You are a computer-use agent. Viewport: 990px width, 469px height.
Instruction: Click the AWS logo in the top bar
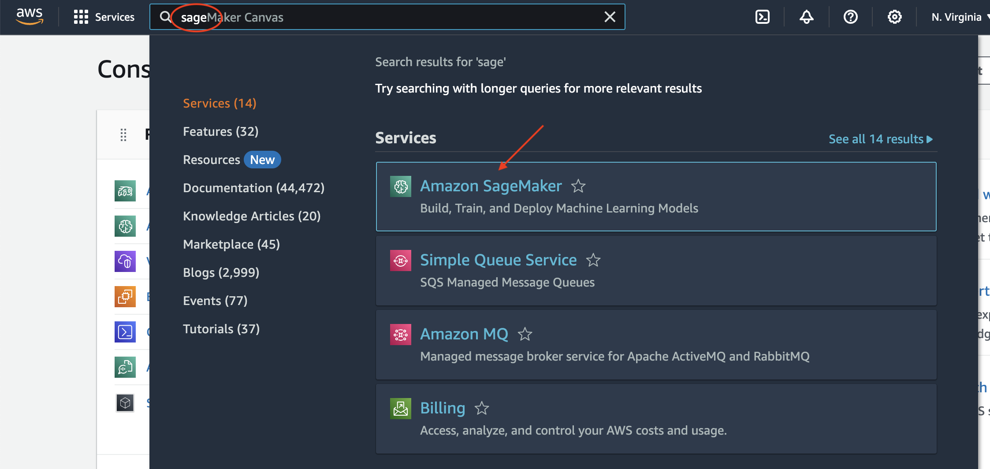pos(30,16)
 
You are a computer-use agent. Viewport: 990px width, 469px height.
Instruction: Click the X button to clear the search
pos(610,17)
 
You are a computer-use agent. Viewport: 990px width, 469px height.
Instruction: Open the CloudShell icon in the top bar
pos(762,17)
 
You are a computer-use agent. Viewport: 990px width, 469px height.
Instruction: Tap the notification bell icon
pos(806,17)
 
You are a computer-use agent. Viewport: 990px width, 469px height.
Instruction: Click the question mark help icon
pos(850,17)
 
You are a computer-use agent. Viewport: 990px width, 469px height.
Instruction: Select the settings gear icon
pos(894,17)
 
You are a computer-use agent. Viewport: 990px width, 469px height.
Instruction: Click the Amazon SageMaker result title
pos(491,186)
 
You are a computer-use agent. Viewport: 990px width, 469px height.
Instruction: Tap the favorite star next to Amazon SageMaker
pos(578,186)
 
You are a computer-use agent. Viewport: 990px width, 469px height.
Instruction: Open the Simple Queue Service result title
pos(498,260)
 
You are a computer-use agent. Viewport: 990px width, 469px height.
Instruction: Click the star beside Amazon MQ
pos(525,335)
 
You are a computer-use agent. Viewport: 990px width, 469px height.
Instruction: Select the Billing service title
pos(443,408)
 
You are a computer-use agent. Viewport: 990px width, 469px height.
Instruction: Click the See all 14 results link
pos(880,139)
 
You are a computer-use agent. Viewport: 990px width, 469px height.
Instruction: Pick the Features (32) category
pos(220,131)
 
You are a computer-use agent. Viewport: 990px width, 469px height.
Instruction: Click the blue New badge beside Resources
pos(262,160)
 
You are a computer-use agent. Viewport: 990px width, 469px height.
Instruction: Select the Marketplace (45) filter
pos(231,244)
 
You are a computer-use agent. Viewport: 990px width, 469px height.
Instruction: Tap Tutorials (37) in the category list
pos(221,329)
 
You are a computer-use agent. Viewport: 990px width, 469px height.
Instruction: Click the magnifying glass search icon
pos(165,17)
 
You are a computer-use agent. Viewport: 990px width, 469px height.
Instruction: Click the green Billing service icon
pos(400,409)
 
